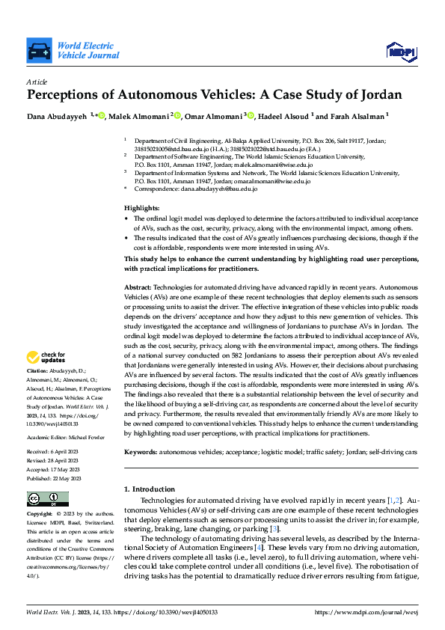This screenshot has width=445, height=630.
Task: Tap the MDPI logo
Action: point(400,50)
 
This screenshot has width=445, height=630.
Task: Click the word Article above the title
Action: point(37,82)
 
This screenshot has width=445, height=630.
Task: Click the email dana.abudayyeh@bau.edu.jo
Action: point(221,189)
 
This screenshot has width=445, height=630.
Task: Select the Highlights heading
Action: point(141,207)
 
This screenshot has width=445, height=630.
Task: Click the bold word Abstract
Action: point(138,287)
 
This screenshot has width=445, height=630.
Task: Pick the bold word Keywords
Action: point(140,452)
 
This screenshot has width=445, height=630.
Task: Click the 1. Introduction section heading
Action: point(153,489)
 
